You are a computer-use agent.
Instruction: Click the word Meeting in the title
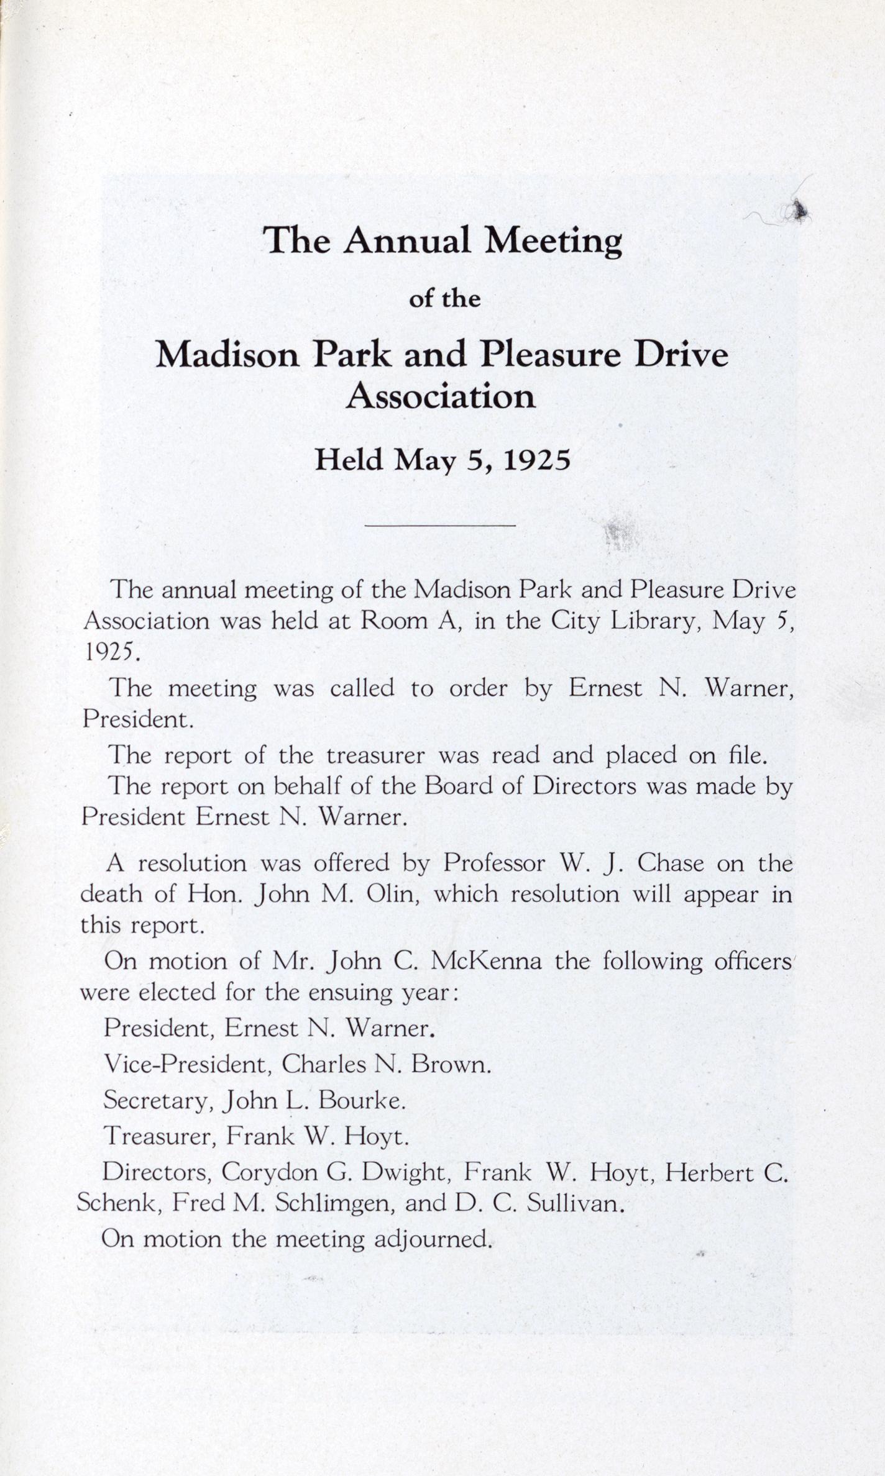[x=553, y=242]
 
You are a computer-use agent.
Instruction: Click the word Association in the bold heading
[x=441, y=396]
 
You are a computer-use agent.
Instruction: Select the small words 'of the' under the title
[x=444, y=299]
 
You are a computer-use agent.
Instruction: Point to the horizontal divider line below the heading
[x=441, y=526]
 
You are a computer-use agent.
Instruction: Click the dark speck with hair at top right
[x=799, y=212]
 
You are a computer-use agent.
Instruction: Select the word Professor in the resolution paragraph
[x=495, y=863]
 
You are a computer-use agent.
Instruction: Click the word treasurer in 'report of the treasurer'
[x=375, y=755]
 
